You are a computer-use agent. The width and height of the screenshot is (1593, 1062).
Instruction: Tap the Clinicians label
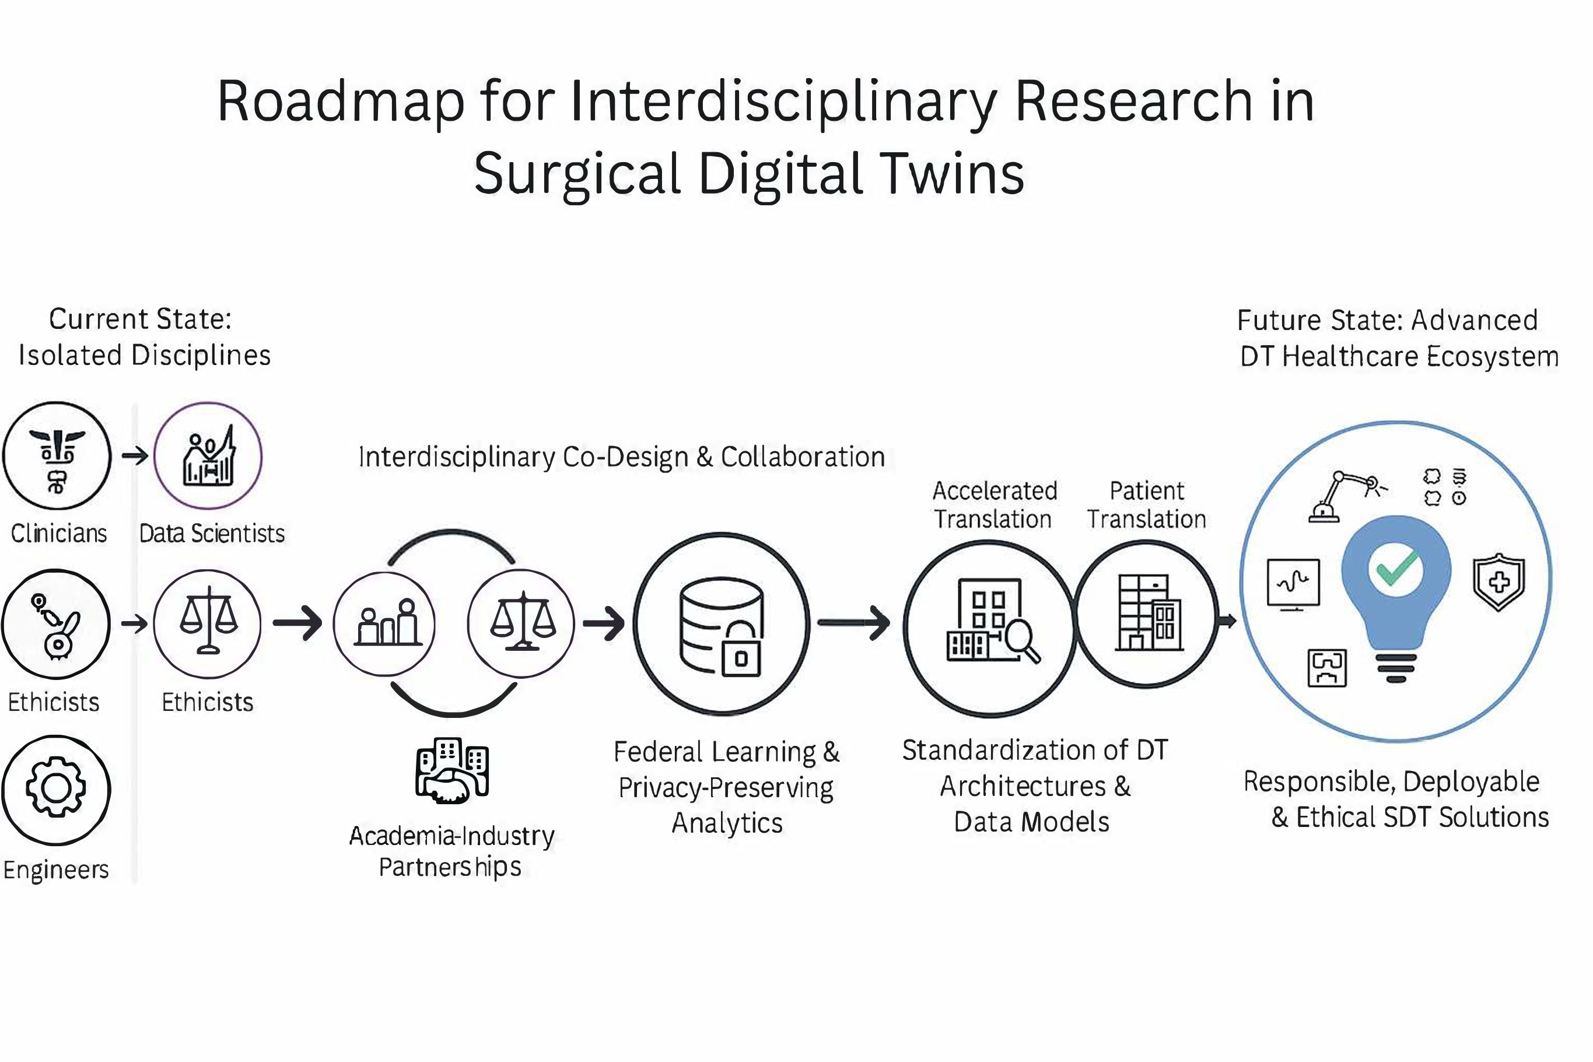pos(59,534)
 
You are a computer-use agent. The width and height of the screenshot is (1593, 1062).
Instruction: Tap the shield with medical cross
pos(1499,581)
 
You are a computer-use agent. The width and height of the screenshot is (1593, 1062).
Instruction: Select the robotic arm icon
pos(1346,496)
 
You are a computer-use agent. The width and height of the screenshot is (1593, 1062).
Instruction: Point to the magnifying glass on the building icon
pos(1021,639)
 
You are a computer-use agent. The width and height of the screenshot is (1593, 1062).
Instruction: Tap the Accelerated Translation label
pos(995,504)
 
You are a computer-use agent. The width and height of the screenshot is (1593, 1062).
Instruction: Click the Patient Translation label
pos(1147,504)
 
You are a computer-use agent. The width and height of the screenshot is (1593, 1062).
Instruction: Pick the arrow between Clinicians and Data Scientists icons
pos(135,456)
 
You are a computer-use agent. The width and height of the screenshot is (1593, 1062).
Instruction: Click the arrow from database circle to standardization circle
pos(853,622)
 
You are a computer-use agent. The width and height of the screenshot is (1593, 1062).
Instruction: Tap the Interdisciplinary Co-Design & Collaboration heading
pos(621,457)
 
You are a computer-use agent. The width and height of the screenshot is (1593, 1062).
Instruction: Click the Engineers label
pos(56,870)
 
